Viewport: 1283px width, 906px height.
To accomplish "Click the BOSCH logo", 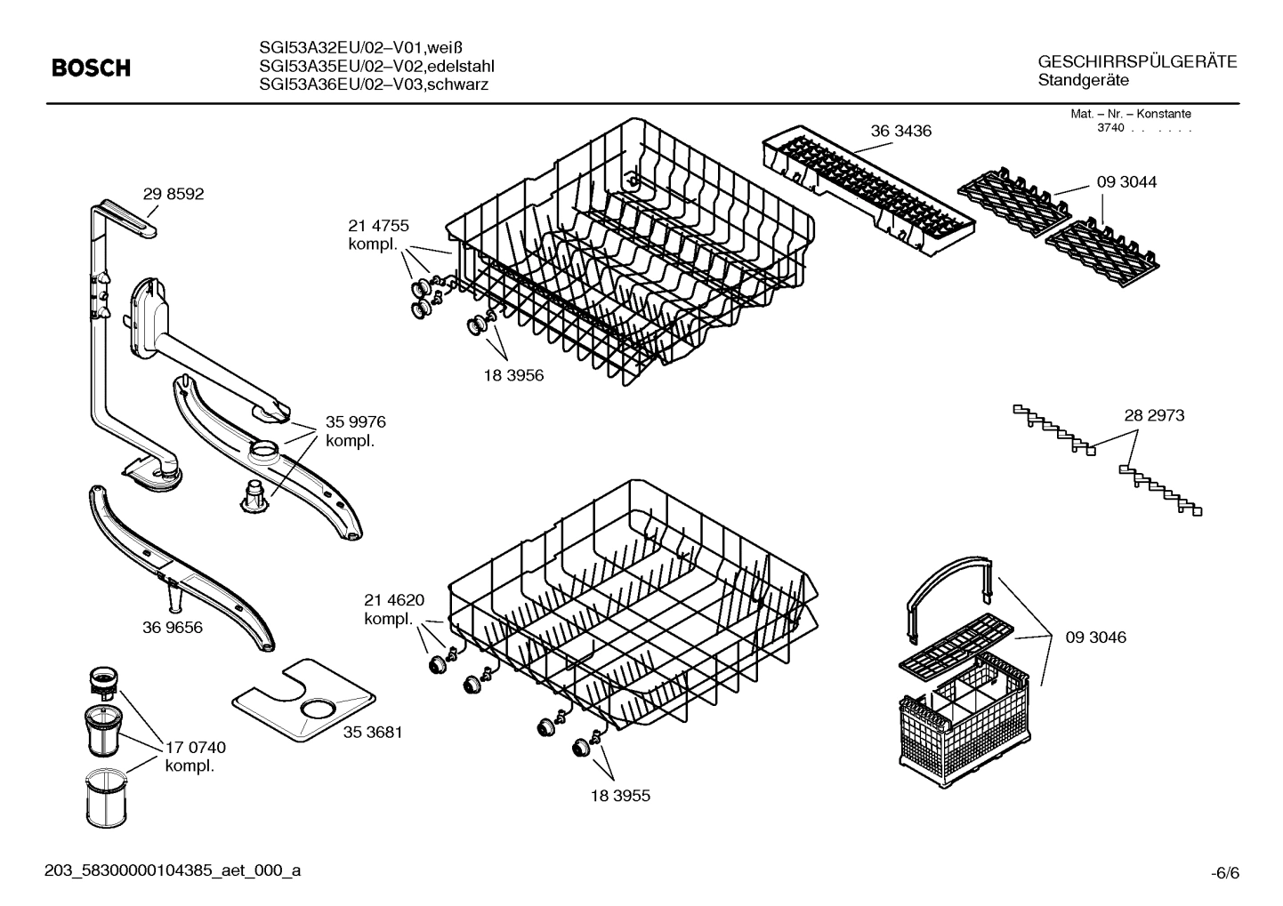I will click(91, 68).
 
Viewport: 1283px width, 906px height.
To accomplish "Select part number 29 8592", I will click(173, 194).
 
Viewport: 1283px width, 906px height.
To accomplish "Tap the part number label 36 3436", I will click(900, 131).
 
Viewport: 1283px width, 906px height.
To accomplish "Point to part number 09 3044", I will click(1126, 181).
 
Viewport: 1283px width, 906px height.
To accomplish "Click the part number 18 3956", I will click(513, 375).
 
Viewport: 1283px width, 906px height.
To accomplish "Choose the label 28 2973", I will click(1154, 415).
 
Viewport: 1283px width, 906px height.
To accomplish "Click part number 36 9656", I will click(173, 627).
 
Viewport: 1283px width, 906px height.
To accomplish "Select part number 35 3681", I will click(373, 732).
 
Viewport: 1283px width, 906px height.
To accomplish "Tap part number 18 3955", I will click(620, 796).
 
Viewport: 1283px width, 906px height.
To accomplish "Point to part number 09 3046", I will click(1095, 637).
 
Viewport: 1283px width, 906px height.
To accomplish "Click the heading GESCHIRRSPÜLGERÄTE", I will click(1137, 62).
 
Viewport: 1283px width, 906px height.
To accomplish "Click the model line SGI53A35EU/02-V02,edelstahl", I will click(376, 67).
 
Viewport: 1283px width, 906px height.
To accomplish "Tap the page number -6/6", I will click(1224, 873).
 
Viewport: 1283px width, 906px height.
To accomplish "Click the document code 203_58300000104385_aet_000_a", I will click(173, 870).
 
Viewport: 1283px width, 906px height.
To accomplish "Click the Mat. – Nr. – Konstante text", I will click(1130, 114).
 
